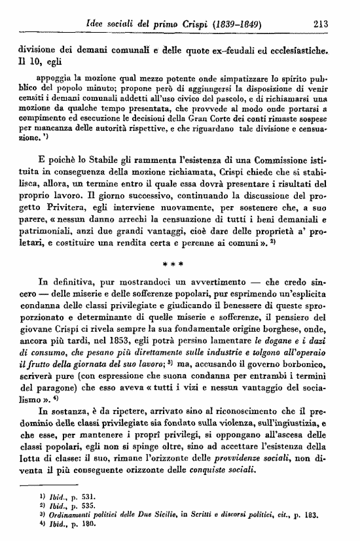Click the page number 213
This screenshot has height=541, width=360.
point(320,24)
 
